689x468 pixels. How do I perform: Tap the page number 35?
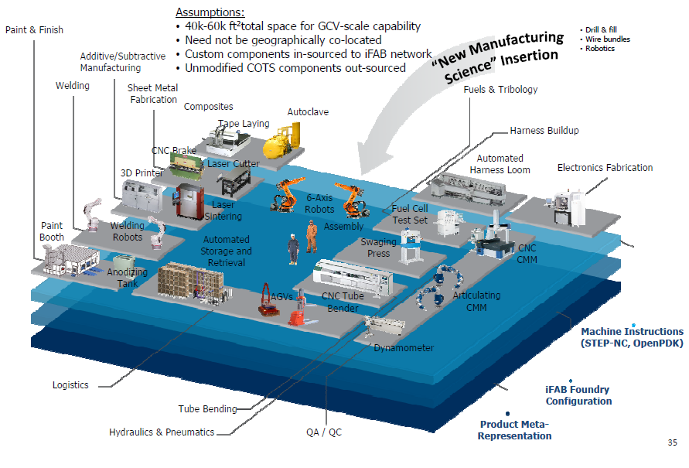coord(672,443)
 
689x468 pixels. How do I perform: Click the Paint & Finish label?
coord(34,30)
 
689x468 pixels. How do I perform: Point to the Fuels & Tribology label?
coord(500,90)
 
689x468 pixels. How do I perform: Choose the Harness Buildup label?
coord(544,131)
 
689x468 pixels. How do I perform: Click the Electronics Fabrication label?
coord(605,167)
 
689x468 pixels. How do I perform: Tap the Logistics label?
coord(70,385)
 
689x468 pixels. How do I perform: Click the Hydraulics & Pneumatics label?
coord(162,432)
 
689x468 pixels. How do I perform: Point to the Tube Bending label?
coord(207,409)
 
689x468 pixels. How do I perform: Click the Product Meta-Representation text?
coord(514,430)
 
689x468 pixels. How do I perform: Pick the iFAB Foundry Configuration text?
coord(578,395)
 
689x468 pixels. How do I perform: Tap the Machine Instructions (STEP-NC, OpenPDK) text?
coord(632,337)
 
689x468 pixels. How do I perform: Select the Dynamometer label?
coord(404,348)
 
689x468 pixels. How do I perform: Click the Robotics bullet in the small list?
coord(600,48)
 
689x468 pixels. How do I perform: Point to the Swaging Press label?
coord(379,248)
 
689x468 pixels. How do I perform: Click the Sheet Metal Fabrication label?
coord(152,94)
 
